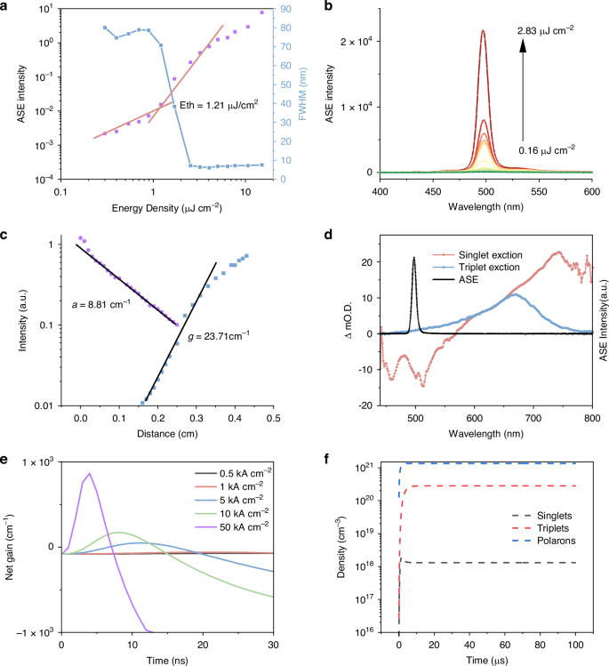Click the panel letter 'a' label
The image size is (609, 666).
[x=6, y=7]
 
